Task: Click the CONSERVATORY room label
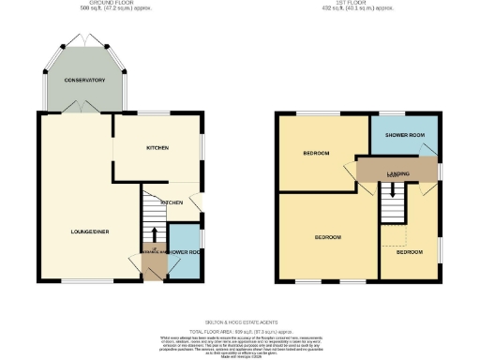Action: coord(84,80)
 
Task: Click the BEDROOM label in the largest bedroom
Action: coord(326,237)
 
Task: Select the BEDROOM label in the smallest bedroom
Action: coord(409,253)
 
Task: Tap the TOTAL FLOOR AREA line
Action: coord(240,331)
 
